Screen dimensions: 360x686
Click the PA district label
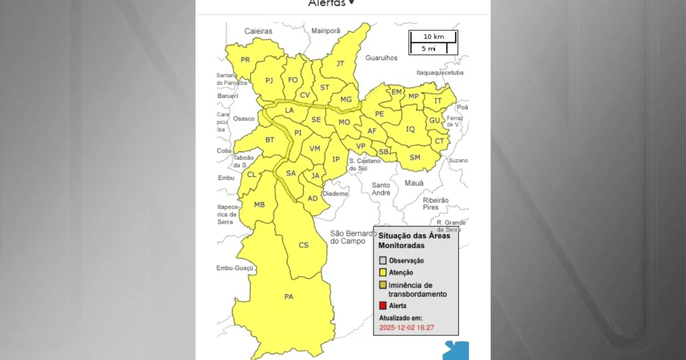[x=289, y=297]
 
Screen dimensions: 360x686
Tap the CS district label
[x=304, y=245]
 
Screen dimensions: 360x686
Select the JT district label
[x=340, y=63]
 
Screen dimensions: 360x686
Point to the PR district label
[x=245, y=60]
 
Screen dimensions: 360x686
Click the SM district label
[x=415, y=158]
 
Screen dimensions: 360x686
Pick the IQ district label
[x=410, y=129]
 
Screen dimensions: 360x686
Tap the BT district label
[x=270, y=140]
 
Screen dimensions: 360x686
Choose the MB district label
[x=259, y=205]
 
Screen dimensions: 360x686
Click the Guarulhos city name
[x=381, y=58]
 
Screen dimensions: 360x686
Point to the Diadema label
[x=336, y=194]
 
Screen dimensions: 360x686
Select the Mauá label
[x=414, y=183]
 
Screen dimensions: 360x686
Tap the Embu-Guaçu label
[x=234, y=268]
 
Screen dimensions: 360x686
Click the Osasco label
[x=244, y=118]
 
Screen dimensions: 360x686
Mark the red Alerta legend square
[x=383, y=306]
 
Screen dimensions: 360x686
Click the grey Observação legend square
[x=383, y=261]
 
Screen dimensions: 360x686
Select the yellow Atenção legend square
[x=383, y=273]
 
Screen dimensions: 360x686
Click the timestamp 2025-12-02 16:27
[x=407, y=327]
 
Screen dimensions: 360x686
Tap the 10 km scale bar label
[x=433, y=37]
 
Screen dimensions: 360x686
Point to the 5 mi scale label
[x=429, y=49]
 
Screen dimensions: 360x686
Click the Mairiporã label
[x=326, y=30]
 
